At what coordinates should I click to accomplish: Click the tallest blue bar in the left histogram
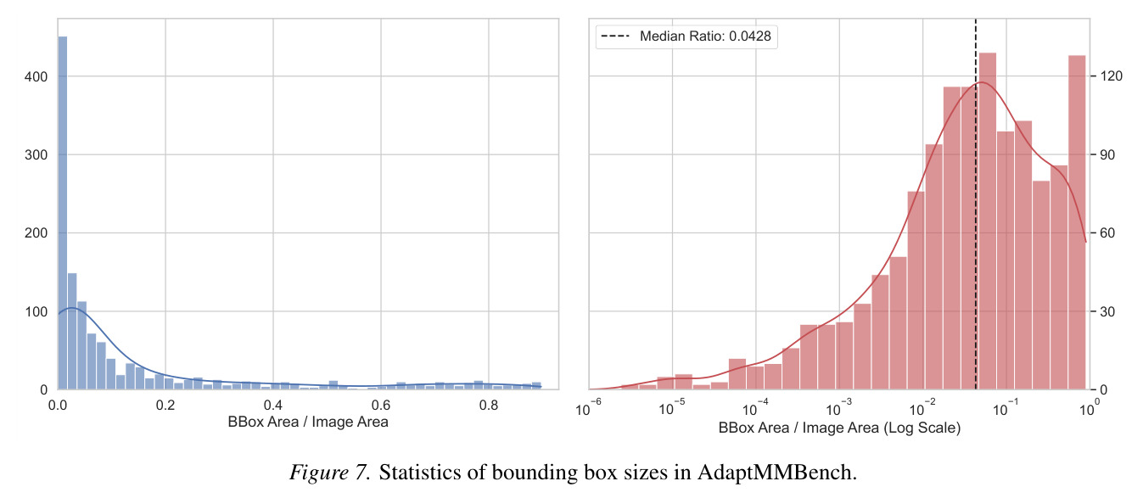click(x=62, y=213)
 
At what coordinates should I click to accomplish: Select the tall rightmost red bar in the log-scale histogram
click(x=1077, y=222)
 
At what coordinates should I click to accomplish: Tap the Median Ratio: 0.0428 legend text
click(x=705, y=36)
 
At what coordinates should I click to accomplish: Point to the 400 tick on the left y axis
click(x=36, y=76)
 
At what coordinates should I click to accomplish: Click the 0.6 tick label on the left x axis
click(x=381, y=406)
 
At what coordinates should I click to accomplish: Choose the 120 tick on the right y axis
click(x=1112, y=76)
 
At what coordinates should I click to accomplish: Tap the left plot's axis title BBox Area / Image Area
click(x=308, y=422)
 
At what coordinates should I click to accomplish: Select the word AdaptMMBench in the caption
click(x=776, y=473)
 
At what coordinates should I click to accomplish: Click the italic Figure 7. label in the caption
click(x=329, y=473)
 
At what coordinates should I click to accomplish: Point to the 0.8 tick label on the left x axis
click(x=488, y=406)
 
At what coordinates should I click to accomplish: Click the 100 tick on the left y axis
click(x=36, y=311)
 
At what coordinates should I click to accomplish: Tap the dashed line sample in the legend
click(x=616, y=36)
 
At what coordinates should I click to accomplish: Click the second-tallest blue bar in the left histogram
click(x=72, y=332)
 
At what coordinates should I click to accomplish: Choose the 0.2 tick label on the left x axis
click(x=165, y=406)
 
